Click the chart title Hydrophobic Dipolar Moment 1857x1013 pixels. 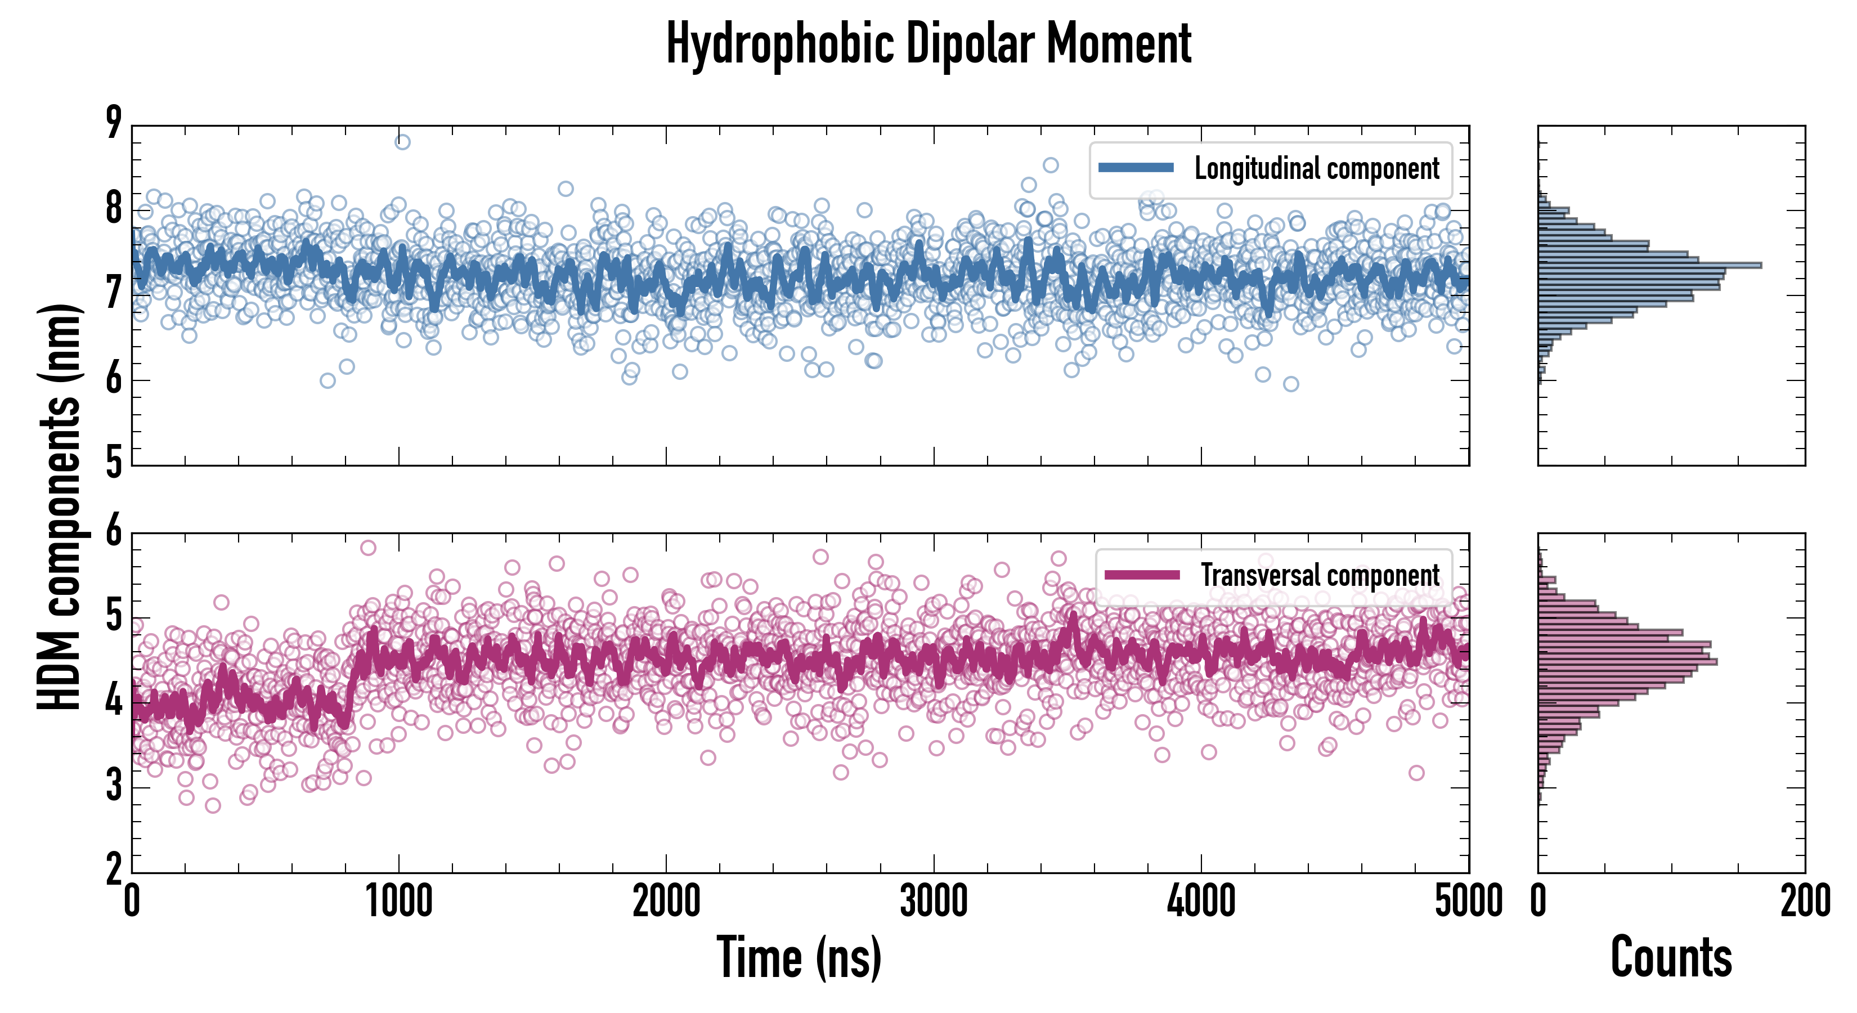(928, 43)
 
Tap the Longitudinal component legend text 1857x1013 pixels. (1316, 169)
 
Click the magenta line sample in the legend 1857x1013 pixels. (1142, 575)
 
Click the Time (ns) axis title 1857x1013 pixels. (799, 957)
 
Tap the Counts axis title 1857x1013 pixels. (1671, 957)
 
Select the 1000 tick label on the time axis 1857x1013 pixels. (398, 901)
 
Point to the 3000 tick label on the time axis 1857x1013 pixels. (934, 901)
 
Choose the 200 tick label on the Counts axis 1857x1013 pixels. (1805, 901)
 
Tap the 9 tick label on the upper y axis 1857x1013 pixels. (114, 123)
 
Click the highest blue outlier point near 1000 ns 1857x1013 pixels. (402, 142)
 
